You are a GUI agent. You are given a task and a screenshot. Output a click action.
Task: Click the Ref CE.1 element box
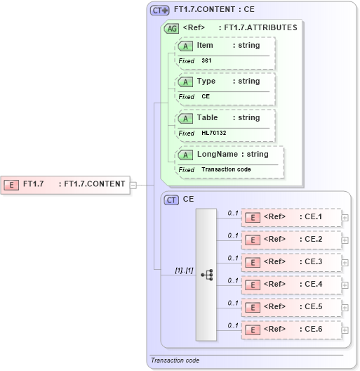click(291, 217)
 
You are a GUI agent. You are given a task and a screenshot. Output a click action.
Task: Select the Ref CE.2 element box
click(291, 240)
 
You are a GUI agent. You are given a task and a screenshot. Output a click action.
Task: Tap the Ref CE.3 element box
click(291, 262)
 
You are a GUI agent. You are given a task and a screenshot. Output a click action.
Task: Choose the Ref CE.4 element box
click(291, 285)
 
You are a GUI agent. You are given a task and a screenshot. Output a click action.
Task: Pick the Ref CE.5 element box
click(291, 307)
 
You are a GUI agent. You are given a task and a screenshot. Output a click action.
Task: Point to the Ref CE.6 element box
click(291, 330)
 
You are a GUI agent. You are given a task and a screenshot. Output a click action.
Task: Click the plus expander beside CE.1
click(345, 218)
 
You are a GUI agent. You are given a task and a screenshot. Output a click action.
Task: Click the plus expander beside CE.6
click(345, 330)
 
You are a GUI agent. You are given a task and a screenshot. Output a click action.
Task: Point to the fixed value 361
click(206, 61)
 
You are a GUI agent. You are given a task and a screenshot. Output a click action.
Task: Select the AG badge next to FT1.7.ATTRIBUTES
click(171, 29)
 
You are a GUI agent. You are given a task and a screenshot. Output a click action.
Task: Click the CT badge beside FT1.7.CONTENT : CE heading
click(160, 11)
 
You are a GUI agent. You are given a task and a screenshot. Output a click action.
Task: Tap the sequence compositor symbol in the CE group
click(207, 275)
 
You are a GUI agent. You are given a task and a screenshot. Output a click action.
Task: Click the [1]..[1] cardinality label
click(184, 270)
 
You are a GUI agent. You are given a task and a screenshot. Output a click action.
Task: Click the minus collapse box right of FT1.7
click(133, 185)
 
